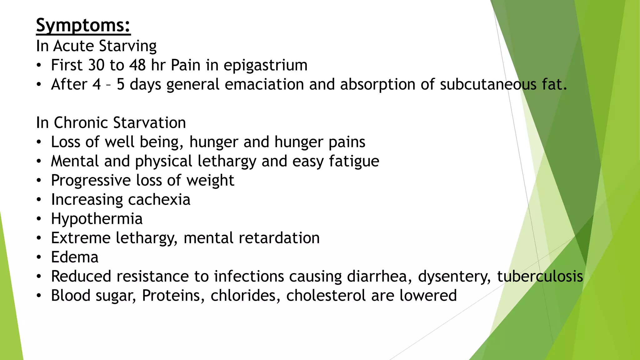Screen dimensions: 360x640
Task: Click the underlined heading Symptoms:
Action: (83, 25)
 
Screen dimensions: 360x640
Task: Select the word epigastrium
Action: (265, 66)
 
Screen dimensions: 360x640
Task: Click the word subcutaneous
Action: (488, 84)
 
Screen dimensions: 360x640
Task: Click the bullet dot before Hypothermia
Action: (38, 219)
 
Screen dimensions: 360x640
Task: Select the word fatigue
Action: (354, 161)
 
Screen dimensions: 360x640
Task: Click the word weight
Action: (210, 180)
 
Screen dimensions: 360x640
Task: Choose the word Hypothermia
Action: (97, 219)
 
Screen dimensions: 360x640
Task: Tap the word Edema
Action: (75, 257)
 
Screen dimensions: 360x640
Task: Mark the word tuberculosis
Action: (540, 277)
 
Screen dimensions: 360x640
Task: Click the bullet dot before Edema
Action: (38, 257)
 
